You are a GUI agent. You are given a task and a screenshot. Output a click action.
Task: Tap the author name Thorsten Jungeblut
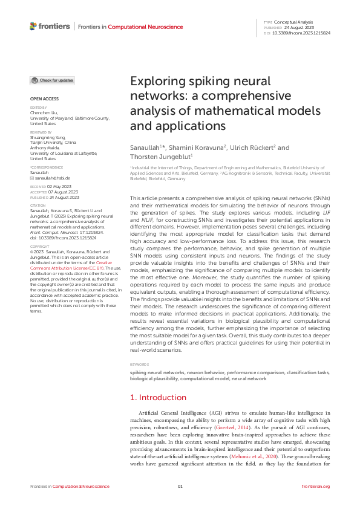tap(159, 157)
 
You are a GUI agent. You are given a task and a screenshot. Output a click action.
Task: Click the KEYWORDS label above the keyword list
tap(139, 365)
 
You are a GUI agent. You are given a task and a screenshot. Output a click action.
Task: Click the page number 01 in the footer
tap(180, 486)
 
